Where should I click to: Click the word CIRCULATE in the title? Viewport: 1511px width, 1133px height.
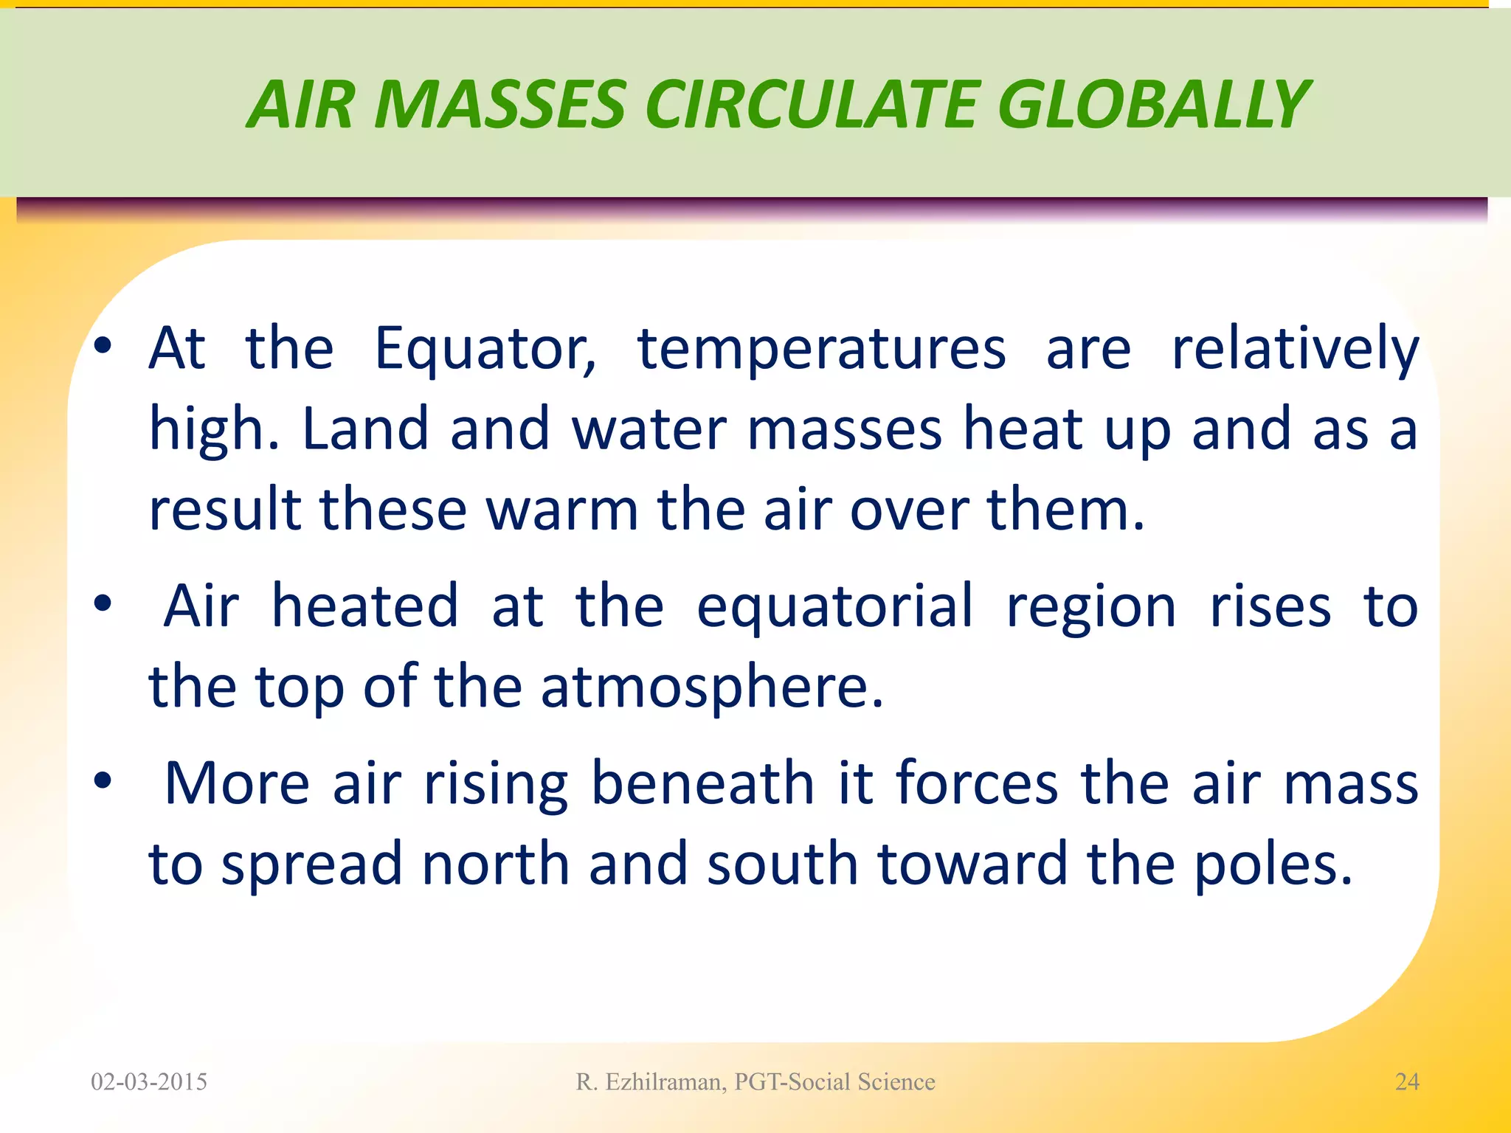[x=812, y=105]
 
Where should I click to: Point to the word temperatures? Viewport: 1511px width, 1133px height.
[x=821, y=350]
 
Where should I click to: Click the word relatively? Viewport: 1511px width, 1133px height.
[x=1295, y=350]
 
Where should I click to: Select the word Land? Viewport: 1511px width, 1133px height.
[x=365, y=429]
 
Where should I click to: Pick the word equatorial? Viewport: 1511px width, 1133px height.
[x=834, y=606]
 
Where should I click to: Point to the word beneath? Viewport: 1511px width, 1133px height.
[x=702, y=783]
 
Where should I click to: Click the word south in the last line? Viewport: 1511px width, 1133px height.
[x=782, y=865]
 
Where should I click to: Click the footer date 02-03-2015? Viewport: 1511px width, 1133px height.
[x=149, y=1082]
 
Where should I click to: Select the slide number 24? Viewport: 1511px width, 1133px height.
[x=1407, y=1082]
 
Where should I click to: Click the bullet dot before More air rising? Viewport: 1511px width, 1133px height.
[x=103, y=780]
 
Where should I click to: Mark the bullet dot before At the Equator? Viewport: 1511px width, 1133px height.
[x=103, y=345]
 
